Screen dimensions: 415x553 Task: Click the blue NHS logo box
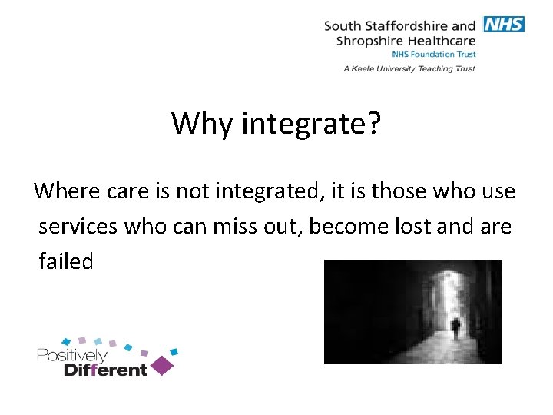click(x=504, y=24)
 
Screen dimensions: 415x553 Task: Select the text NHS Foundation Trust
click(x=434, y=55)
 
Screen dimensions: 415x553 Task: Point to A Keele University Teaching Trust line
click(x=409, y=68)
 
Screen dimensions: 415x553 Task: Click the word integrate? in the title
click(x=311, y=123)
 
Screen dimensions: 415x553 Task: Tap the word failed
click(x=66, y=261)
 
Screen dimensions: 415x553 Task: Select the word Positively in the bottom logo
click(x=72, y=357)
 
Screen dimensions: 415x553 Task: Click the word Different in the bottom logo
click(x=105, y=370)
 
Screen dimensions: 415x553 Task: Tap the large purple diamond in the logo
click(x=161, y=364)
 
